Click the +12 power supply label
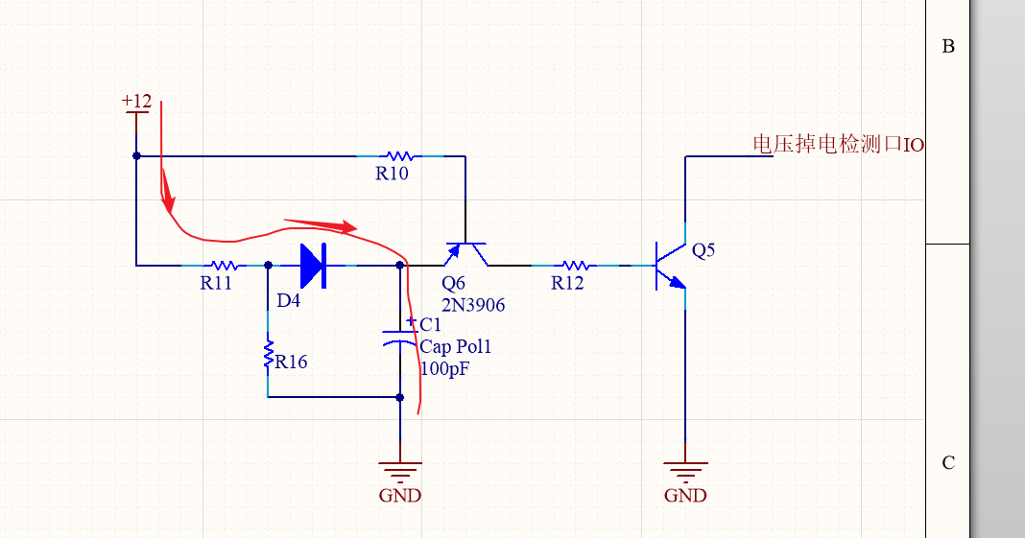coord(136,101)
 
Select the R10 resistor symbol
coord(398,155)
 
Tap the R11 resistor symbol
coord(224,266)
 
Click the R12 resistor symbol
coord(574,266)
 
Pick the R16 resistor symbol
coord(269,356)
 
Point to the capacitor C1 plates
coord(400,340)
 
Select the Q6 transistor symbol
coord(465,252)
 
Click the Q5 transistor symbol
coord(672,266)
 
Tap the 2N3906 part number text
coord(473,305)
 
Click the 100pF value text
coord(445,368)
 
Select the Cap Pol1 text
coord(462,347)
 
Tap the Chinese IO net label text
coord(837,145)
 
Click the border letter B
coord(948,46)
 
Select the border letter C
coord(948,463)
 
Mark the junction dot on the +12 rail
coord(136,155)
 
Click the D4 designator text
coord(288,301)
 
